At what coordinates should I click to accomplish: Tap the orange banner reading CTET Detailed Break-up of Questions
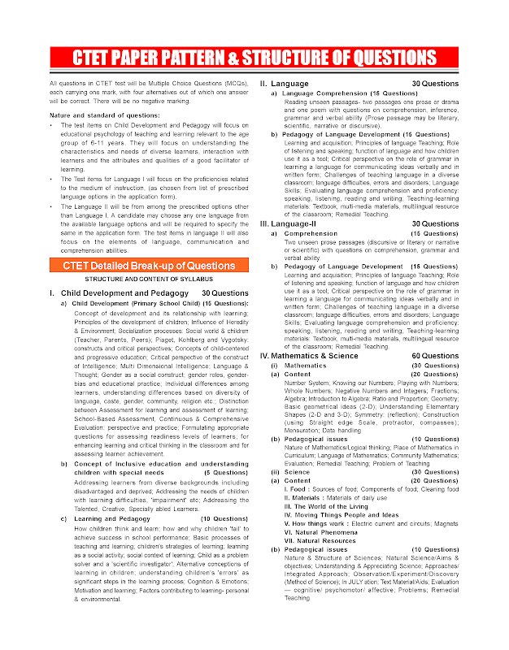click(x=143, y=266)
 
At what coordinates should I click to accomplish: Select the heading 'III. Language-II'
click(x=290, y=223)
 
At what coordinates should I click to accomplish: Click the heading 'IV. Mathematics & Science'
click(x=309, y=356)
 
